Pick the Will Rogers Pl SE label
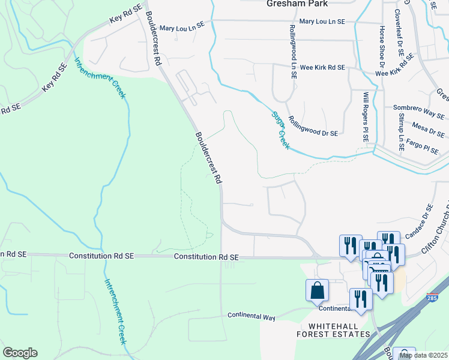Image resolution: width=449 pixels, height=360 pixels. (x=366, y=117)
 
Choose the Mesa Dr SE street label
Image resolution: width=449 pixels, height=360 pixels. (x=427, y=126)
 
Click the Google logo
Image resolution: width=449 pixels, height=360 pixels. (x=20, y=353)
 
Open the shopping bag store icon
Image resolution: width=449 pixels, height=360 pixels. (x=317, y=291)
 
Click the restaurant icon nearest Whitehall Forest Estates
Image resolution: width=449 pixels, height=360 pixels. (x=360, y=299)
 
